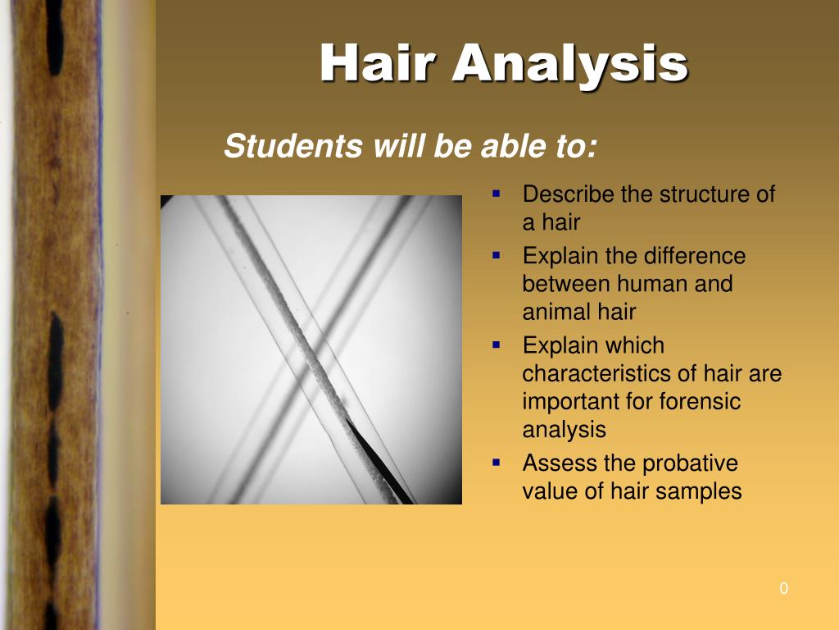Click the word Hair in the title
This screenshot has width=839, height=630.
(377, 62)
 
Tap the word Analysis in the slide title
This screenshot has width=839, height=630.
(570, 64)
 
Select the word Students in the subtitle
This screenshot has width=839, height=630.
(294, 146)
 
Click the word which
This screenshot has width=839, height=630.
(635, 345)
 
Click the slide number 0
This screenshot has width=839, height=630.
(784, 588)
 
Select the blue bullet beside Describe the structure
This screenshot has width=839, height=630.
(496, 194)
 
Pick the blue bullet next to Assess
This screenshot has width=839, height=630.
(496, 463)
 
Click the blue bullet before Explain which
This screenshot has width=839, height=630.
(496, 345)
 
